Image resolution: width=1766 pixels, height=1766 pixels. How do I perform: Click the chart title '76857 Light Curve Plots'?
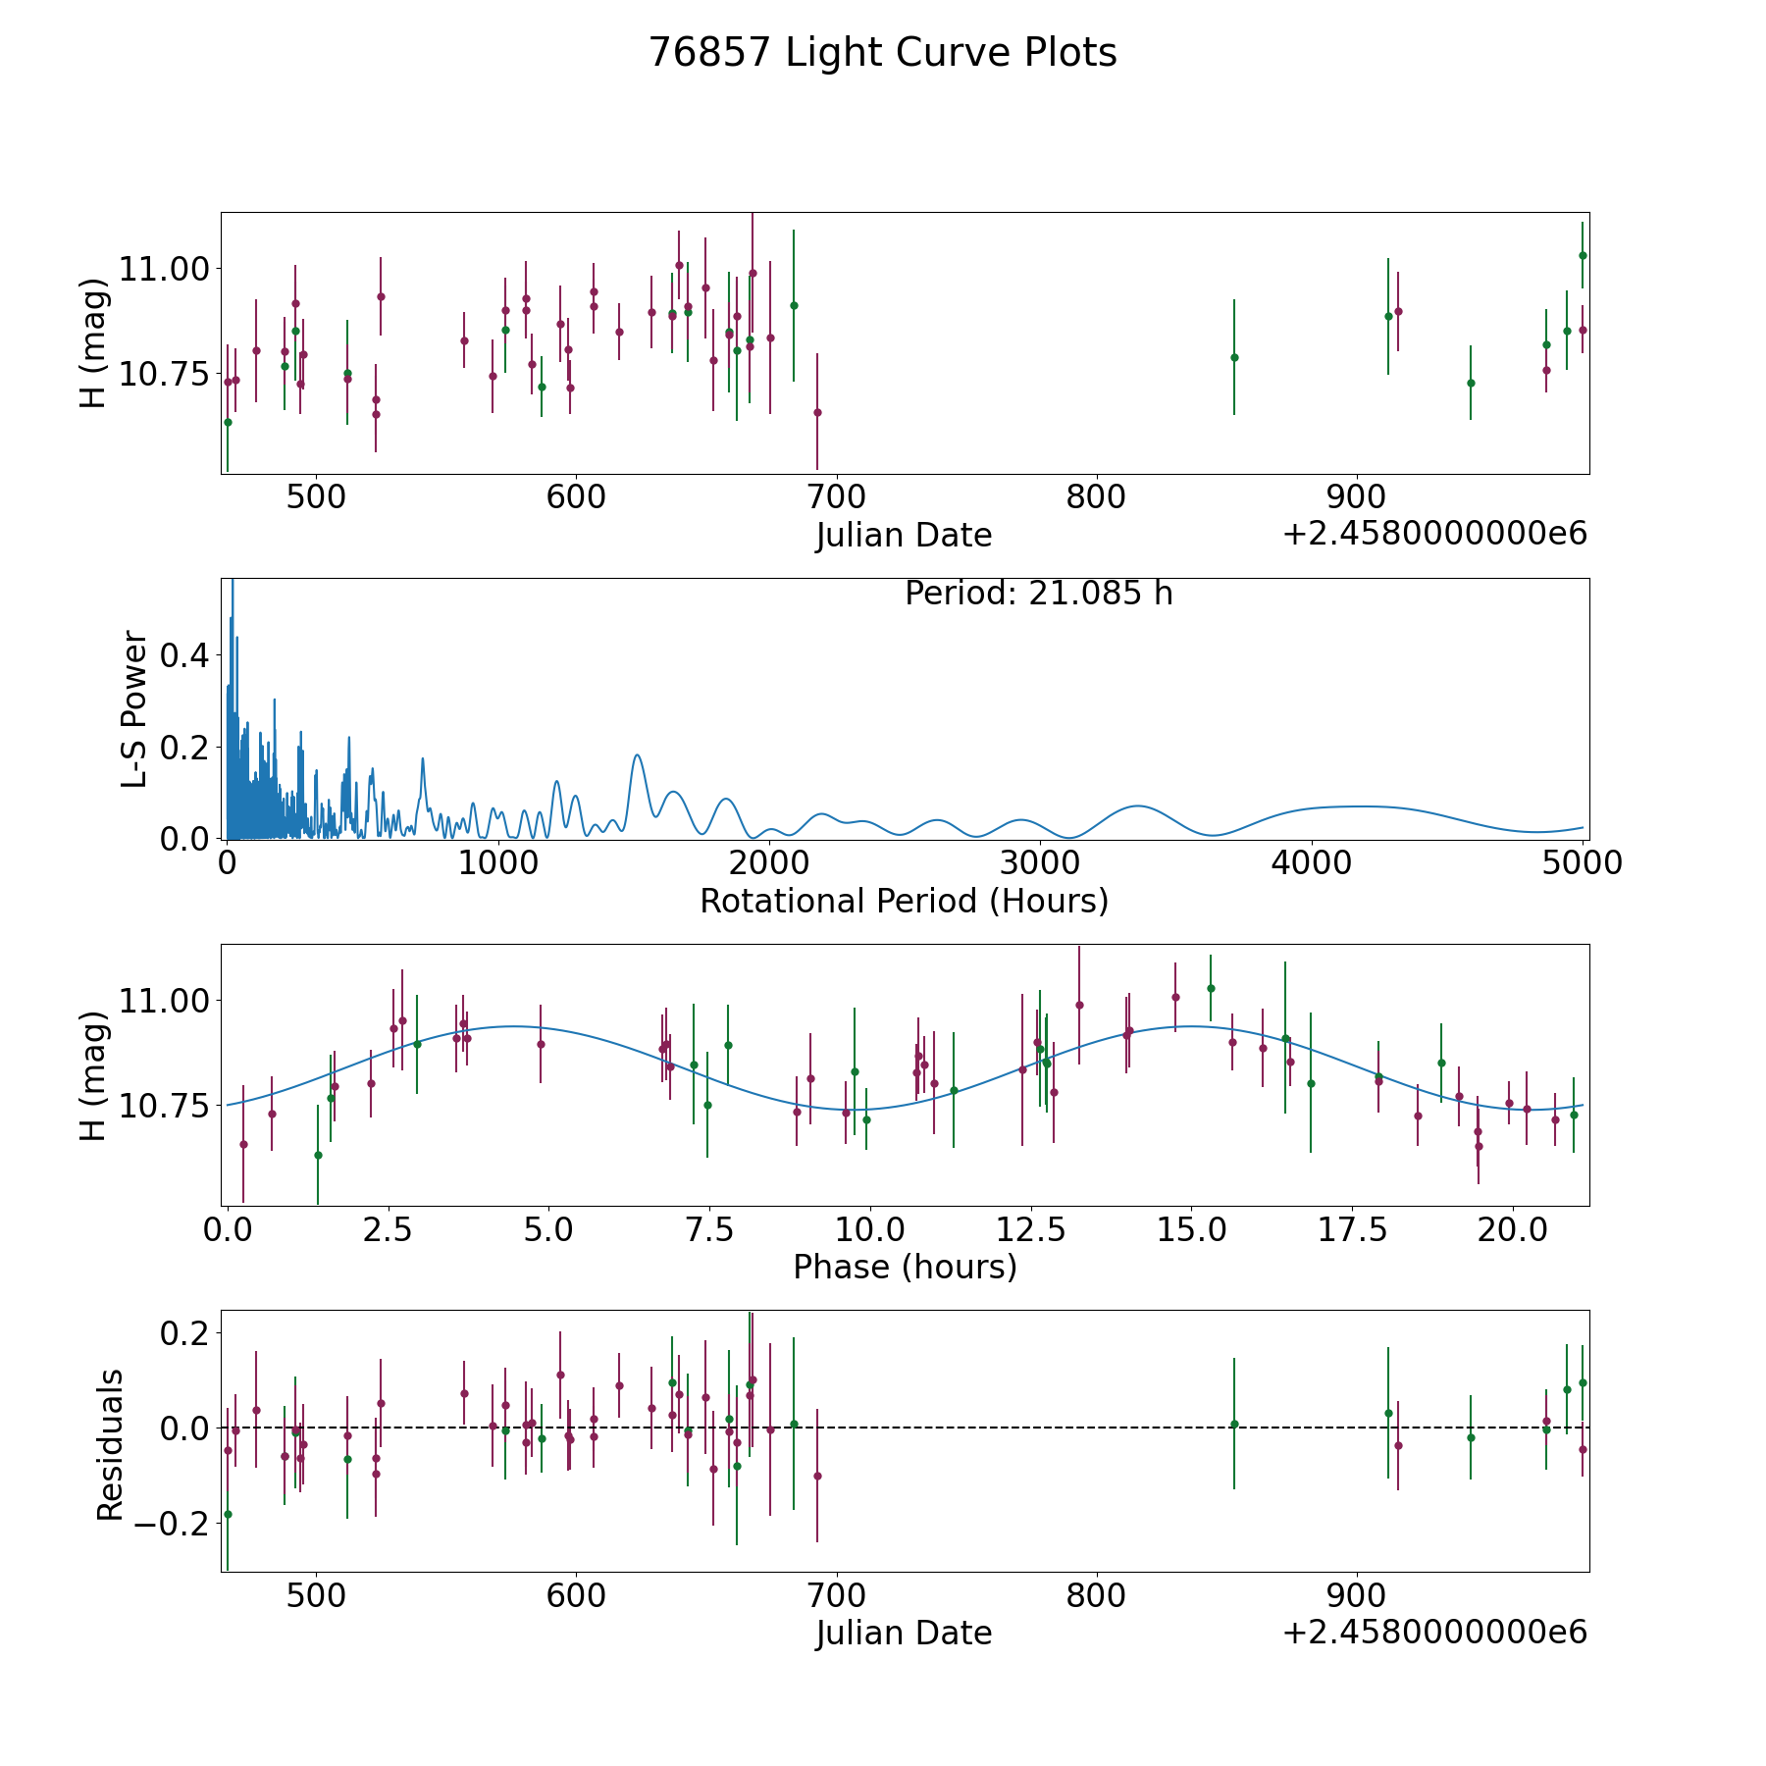point(882,53)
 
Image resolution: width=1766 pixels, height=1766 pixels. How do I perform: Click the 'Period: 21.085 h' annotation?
point(1038,594)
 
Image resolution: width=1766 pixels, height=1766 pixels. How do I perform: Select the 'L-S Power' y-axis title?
point(135,708)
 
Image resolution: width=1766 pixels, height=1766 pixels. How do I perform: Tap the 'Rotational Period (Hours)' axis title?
point(904,901)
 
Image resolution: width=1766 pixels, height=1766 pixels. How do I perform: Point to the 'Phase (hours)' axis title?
point(904,1267)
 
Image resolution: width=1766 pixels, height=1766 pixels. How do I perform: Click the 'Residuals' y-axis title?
point(110,1444)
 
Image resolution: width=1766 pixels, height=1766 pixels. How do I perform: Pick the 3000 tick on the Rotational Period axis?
point(1040,863)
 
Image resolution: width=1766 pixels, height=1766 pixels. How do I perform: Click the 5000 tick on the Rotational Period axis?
point(1582,863)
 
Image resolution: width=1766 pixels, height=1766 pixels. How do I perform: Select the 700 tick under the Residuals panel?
point(836,1595)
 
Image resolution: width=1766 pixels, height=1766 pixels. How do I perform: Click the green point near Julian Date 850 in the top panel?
point(1234,357)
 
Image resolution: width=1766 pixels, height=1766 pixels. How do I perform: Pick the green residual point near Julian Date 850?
point(1234,1424)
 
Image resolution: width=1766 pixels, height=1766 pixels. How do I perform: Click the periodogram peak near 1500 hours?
point(638,755)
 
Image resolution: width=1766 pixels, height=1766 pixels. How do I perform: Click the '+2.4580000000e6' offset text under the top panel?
point(1434,534)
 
